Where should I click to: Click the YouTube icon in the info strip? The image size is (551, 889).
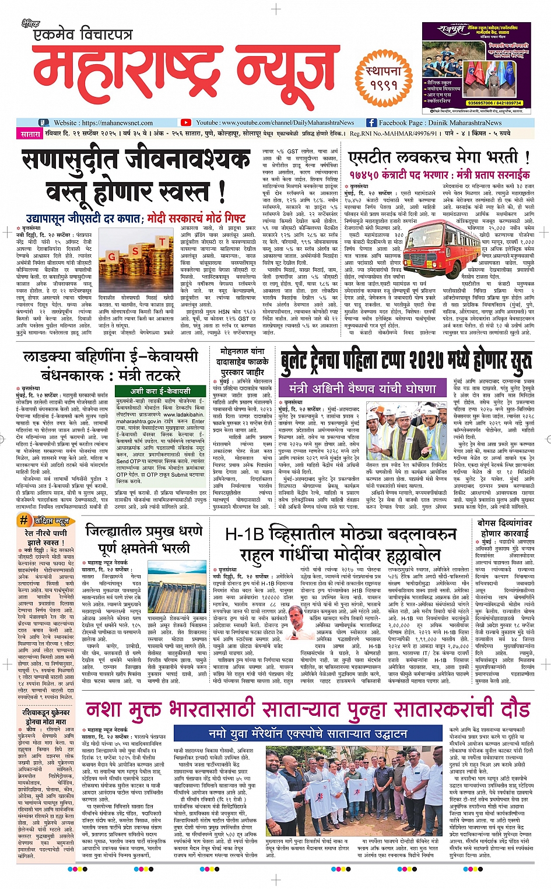(185, 123)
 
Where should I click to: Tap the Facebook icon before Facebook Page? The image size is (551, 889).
(371, 123)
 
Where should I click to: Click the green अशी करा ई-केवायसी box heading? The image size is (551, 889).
(160, 391)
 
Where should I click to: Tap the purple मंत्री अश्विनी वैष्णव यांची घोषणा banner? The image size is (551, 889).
(362, 388)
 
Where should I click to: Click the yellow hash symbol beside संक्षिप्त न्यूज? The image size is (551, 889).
(24, 521)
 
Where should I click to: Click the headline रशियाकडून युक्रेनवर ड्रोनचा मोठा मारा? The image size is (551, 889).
(46, 717)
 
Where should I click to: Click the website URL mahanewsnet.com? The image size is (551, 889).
(117, 123)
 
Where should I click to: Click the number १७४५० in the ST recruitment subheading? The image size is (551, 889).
(364, 174)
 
